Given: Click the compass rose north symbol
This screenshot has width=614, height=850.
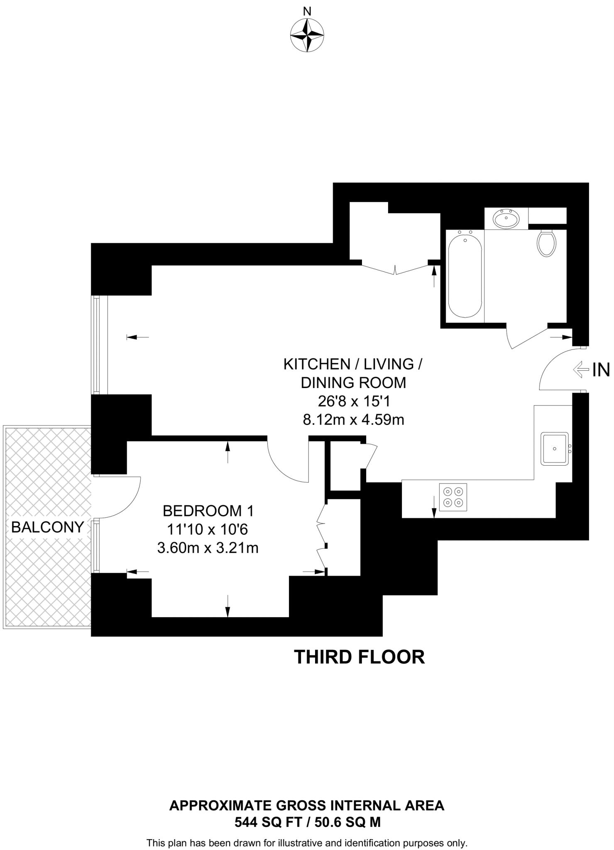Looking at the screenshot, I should tap(307, 34).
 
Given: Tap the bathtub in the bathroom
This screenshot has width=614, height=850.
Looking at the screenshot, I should tap(465, 274).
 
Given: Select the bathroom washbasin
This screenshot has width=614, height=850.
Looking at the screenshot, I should tap(506, 218).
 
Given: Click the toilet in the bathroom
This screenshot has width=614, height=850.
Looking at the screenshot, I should tap(546, 243).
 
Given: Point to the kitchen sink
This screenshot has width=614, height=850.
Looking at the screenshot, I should tap(554, 449).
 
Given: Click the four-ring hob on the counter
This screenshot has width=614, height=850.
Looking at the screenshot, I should tap(453, 497).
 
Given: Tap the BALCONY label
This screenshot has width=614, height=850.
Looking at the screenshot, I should tap(47, 527).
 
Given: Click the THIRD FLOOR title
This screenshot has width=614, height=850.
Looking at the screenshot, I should tap(359, 657).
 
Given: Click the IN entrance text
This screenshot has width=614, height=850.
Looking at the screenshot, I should tap(601, 370).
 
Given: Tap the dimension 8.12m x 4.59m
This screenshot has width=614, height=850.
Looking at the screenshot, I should tap(353, 420).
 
